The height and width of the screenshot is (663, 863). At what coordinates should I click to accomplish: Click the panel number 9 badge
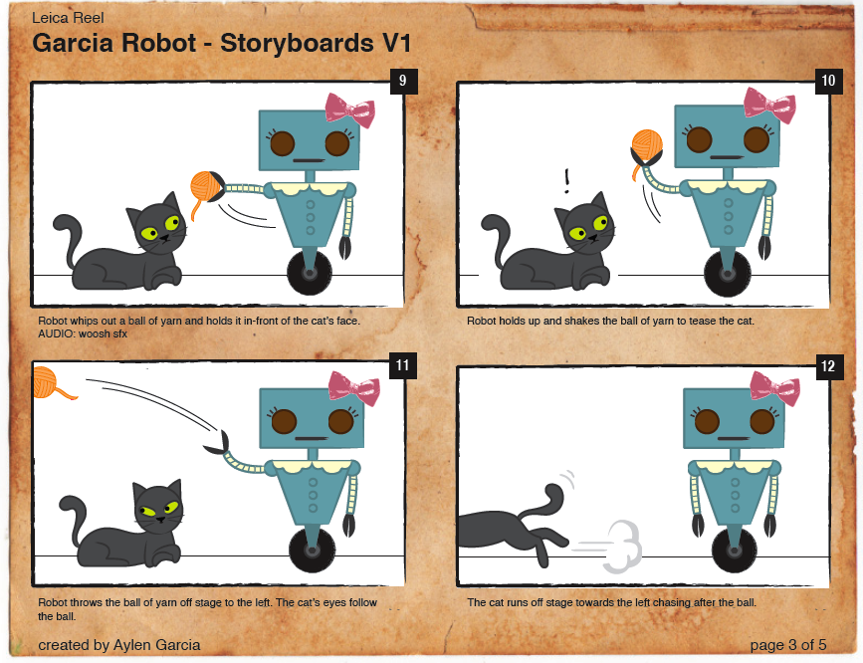point(403,81)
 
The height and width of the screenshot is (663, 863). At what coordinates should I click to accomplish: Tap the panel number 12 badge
point(829,365)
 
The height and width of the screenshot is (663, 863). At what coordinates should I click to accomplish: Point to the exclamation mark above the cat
point(567,181)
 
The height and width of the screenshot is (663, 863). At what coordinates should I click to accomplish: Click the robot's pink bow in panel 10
point(769,105)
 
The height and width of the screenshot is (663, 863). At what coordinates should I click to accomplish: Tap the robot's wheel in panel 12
point(735,549)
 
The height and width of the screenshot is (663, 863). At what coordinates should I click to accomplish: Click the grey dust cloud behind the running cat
point(623,546)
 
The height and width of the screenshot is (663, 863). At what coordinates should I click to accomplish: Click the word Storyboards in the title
point(297,43)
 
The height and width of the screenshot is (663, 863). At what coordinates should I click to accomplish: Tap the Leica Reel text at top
point(68,18)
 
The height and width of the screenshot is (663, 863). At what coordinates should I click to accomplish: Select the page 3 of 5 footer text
point(788,645)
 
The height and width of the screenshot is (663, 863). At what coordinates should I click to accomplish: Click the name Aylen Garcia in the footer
point(157,645)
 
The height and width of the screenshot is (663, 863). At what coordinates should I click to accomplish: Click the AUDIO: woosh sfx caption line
point(83,333)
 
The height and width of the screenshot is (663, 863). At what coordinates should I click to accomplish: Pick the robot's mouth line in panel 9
point(309,161)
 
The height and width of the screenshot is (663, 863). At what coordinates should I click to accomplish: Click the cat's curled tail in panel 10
point(496,237)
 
